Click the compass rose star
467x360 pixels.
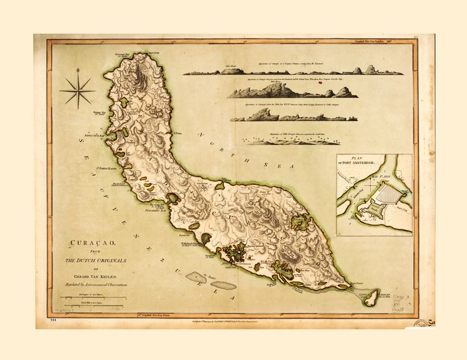pos(78,91)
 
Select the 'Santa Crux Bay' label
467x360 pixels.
pos(91,137)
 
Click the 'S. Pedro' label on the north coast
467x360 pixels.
pos(176,134)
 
